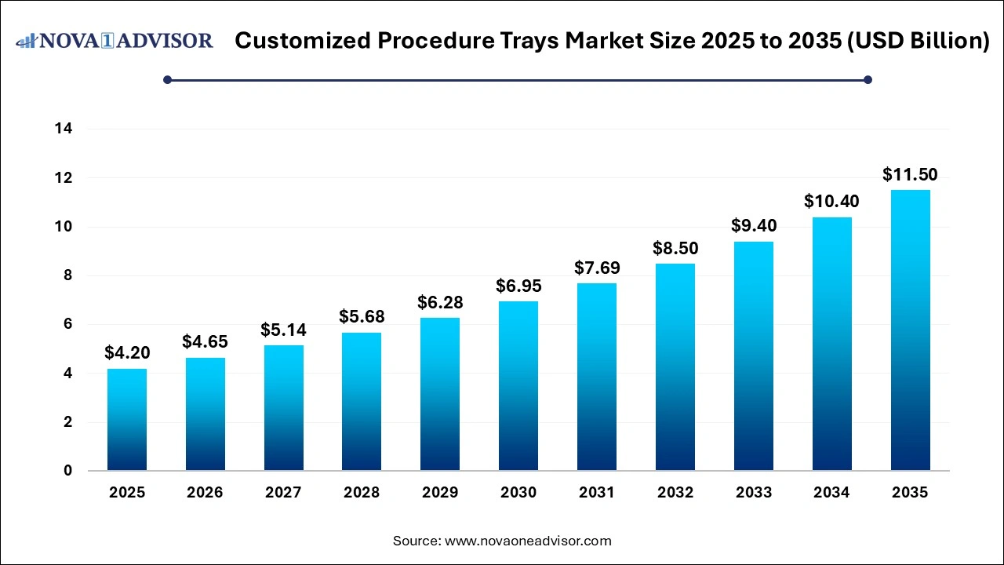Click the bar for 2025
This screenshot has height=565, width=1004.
click(127, 420)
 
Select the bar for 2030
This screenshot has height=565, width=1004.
click(518, 386)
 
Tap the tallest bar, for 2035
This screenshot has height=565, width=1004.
click(910, 330)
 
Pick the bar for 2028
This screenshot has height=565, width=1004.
click(362, 402)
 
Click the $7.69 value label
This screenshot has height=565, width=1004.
click(597, 268)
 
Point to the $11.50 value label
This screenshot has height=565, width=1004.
click(910, 174)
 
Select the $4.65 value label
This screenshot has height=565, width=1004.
click(205, 341)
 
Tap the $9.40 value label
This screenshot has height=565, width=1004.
click(753, 226)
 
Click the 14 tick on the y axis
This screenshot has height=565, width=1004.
click(64, 129)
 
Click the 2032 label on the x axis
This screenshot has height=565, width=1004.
click(675, 493)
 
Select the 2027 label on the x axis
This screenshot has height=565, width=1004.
click(283, 493)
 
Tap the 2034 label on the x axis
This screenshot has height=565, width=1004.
click(831, 493)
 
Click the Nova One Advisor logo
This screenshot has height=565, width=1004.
click(115, 40)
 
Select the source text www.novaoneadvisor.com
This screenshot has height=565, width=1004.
click(528, 541)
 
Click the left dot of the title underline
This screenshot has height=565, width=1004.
click(167, 79)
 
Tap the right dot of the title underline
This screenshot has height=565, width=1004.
click(868, 79)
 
